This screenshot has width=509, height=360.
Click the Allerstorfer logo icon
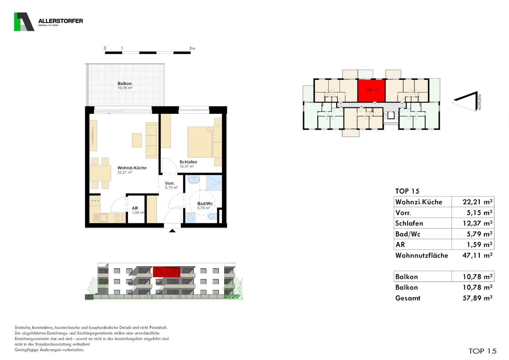[x=24, y=22]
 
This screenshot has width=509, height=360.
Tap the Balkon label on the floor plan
[x=125, y=84]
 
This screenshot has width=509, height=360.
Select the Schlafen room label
[x=188, y=162]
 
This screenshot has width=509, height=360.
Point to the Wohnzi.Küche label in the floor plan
[x=132, y=168]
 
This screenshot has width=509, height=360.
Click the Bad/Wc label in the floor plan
[x=205, y=203]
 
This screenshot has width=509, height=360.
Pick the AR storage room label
[x=135, y=208]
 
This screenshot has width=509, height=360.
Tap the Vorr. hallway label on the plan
[x=170, y=183]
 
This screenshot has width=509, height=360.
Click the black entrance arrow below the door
[x=172, y=231]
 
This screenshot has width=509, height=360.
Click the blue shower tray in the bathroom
[x=214, y=183]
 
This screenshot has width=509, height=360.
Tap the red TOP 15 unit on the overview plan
[x=372, y=90]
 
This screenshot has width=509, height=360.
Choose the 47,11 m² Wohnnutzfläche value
[x=478, y=256]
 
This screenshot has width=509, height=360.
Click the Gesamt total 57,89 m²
[x=478, y=298]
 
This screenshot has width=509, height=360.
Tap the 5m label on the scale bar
[x=192, y=48]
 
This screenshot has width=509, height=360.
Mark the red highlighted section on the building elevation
[x=167, y=272]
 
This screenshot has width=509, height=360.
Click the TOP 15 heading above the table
[x=407, y=191]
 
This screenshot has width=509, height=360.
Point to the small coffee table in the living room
[x=137, y=141]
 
